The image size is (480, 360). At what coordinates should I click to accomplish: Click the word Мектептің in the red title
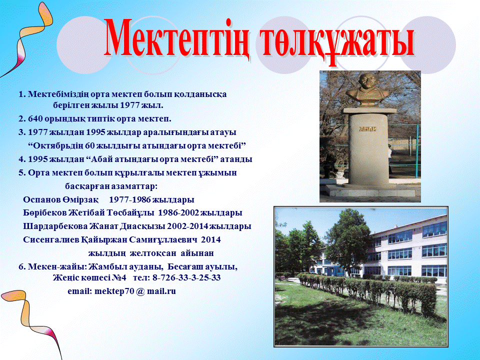click(x=176, y=38)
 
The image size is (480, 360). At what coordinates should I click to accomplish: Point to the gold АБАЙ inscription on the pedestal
click(x=367, y=129)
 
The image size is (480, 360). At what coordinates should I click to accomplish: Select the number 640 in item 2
click(x=35, y=119)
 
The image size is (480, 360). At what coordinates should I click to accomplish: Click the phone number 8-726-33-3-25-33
click(x=186, y=277)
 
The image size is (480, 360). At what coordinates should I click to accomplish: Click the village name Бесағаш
click(x=185, y=267)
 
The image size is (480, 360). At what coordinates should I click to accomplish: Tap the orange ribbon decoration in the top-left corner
click(x=30, y=33)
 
